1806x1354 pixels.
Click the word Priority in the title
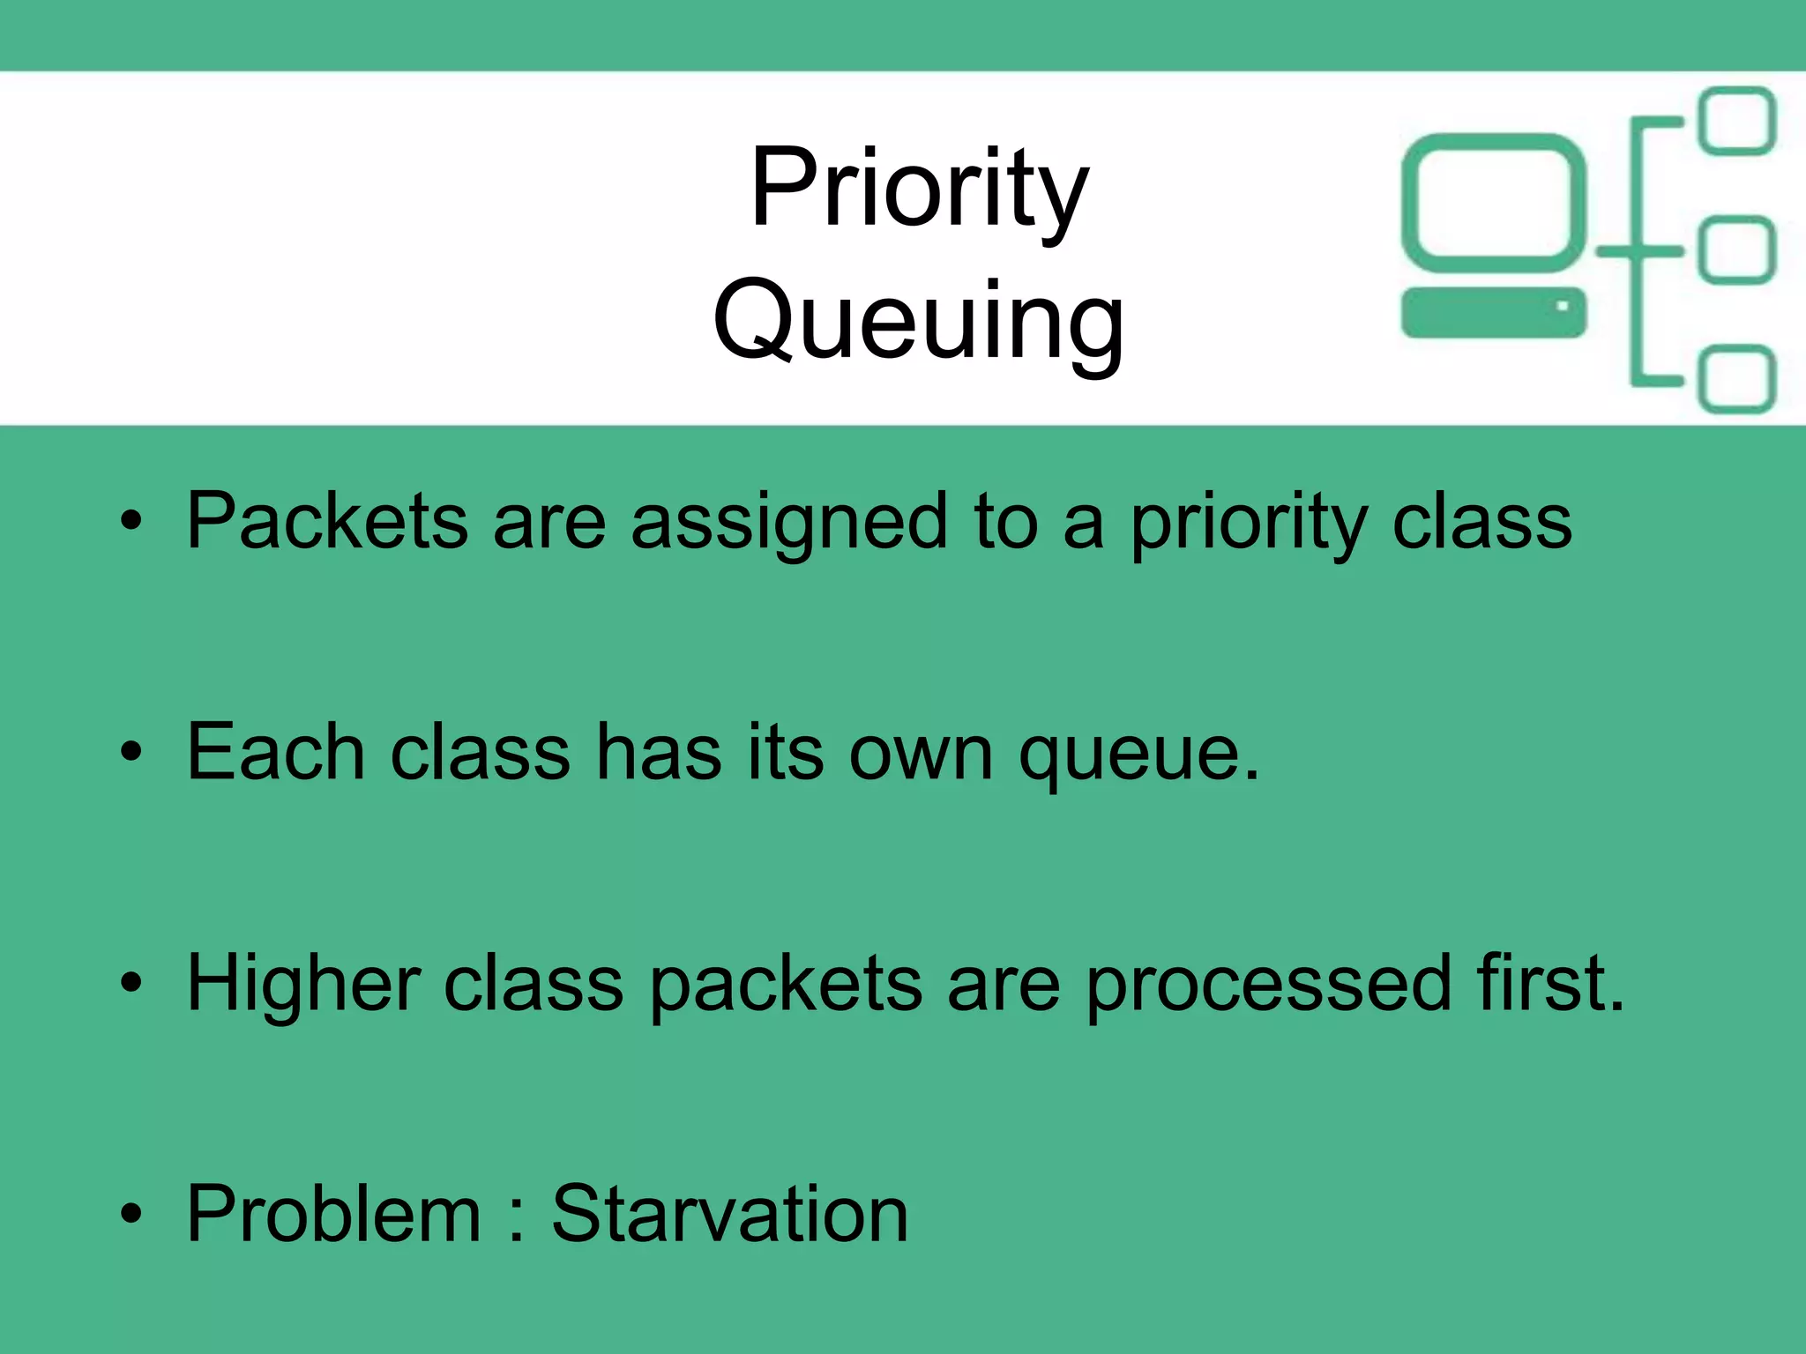click(919, 190)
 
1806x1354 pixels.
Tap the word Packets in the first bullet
click(326, 522)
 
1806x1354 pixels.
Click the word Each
click(275, 753)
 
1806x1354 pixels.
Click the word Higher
click(303, 986)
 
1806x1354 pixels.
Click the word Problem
click(333, 1215)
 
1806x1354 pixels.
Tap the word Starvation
click(729, 1215)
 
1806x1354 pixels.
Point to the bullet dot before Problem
click(131, 1214)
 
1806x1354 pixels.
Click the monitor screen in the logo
click(1493, 204)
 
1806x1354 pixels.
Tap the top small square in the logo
click(1736, 121)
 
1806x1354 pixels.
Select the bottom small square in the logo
click(1736, 379)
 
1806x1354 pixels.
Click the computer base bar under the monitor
click(1493, 312)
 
